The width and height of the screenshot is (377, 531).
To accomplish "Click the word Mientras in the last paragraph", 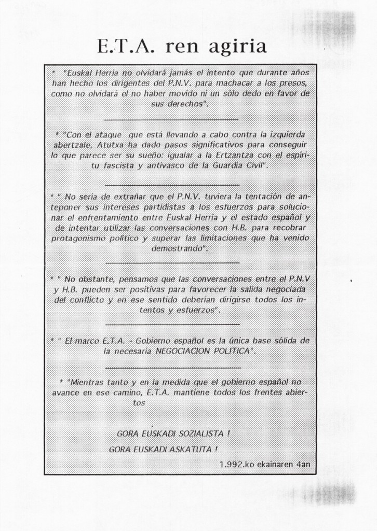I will tap(85, 382).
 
